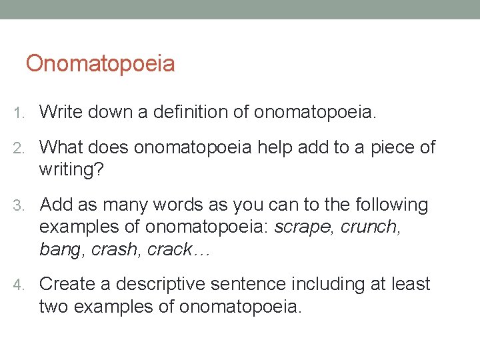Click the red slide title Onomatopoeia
tap(100, 64)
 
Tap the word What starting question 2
tap(61, 147)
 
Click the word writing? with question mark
tap(71, 169)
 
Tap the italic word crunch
tap(370, 227)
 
